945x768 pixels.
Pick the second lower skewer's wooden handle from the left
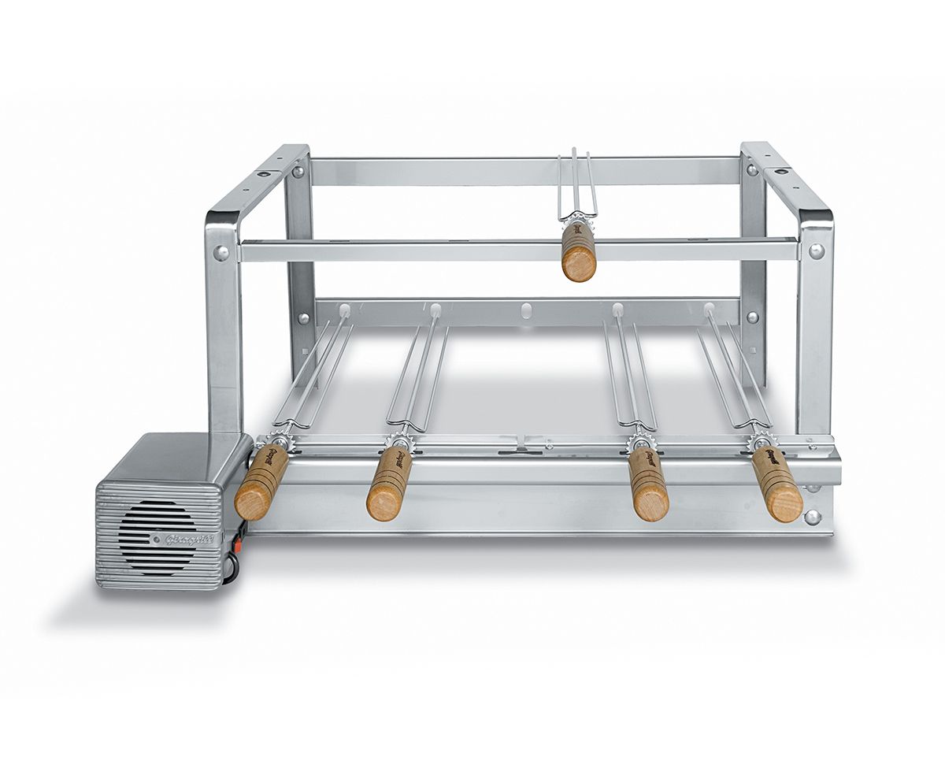click(389, 484)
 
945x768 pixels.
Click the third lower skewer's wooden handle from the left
click(648, 485)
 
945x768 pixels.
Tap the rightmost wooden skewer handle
click(776, 484)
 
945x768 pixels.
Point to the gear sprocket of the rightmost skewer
click(759, 440)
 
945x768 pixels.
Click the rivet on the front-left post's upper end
click(221, 253)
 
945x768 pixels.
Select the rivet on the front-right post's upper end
click(816, 251)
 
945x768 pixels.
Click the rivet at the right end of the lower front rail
click(811, 517)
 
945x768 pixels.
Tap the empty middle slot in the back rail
click(526, 308)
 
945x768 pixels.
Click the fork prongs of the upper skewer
click(577, 185)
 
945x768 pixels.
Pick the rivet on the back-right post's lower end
click(752, 317)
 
